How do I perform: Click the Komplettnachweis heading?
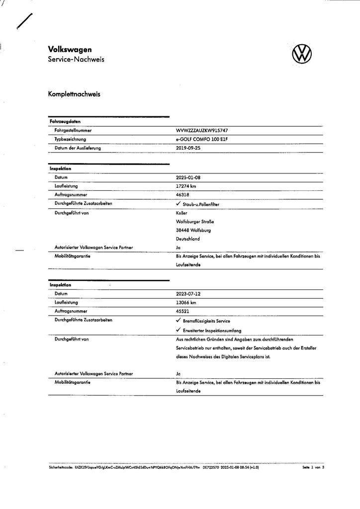[x=74, y=94]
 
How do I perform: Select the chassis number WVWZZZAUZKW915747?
[x=202, y=130]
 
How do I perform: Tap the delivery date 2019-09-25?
[x=188, y=148]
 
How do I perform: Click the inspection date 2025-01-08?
[x=188, y=177]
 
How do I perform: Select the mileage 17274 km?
[x=186, y=186]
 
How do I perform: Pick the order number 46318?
[x=182, y=195]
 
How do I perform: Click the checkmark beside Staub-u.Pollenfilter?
[x=179, y=204]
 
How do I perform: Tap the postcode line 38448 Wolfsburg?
[x=193, y=230]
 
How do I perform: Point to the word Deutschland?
[x=188, y=239]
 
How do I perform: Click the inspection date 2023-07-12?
[x=188, y=294]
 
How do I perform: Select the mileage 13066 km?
[x=186, y=303]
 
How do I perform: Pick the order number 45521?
[x=182, y=311]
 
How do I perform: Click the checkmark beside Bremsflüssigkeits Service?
[x=179, y=321]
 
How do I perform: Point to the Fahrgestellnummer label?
[x=73, y=130]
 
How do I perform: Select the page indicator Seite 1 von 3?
[x=313, y=468]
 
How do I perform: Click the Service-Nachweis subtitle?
[x=76, y=60]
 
